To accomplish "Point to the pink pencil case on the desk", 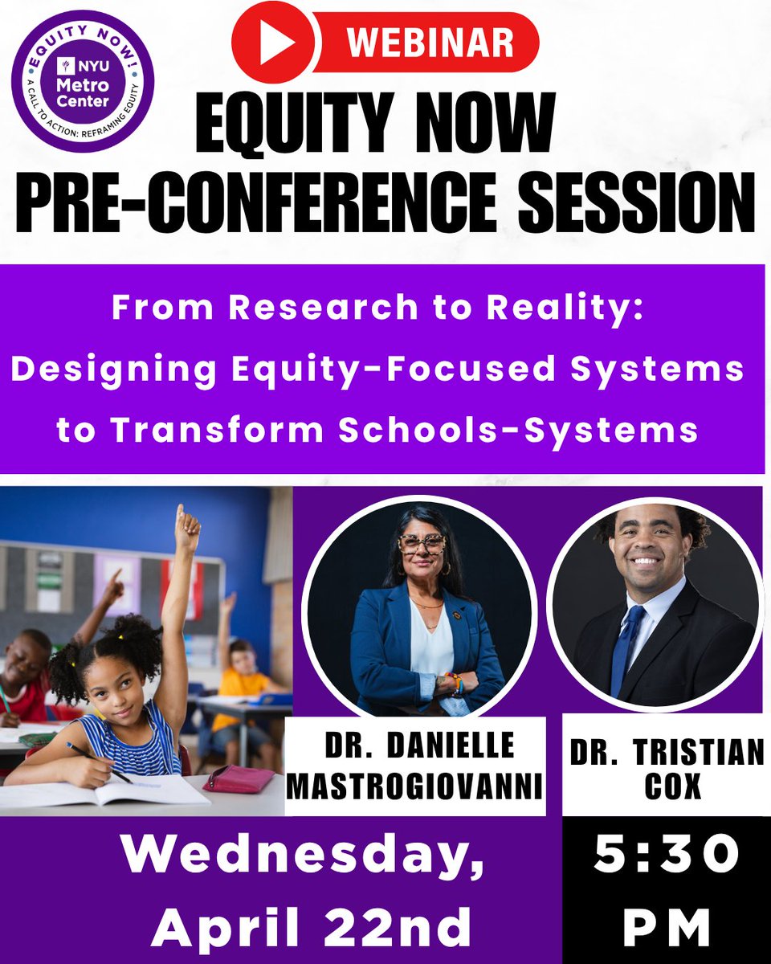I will tap(239, 778).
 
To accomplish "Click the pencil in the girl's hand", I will tap(100, 763).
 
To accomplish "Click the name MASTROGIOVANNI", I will tap(414, 785).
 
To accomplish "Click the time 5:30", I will tap(667, 857).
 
